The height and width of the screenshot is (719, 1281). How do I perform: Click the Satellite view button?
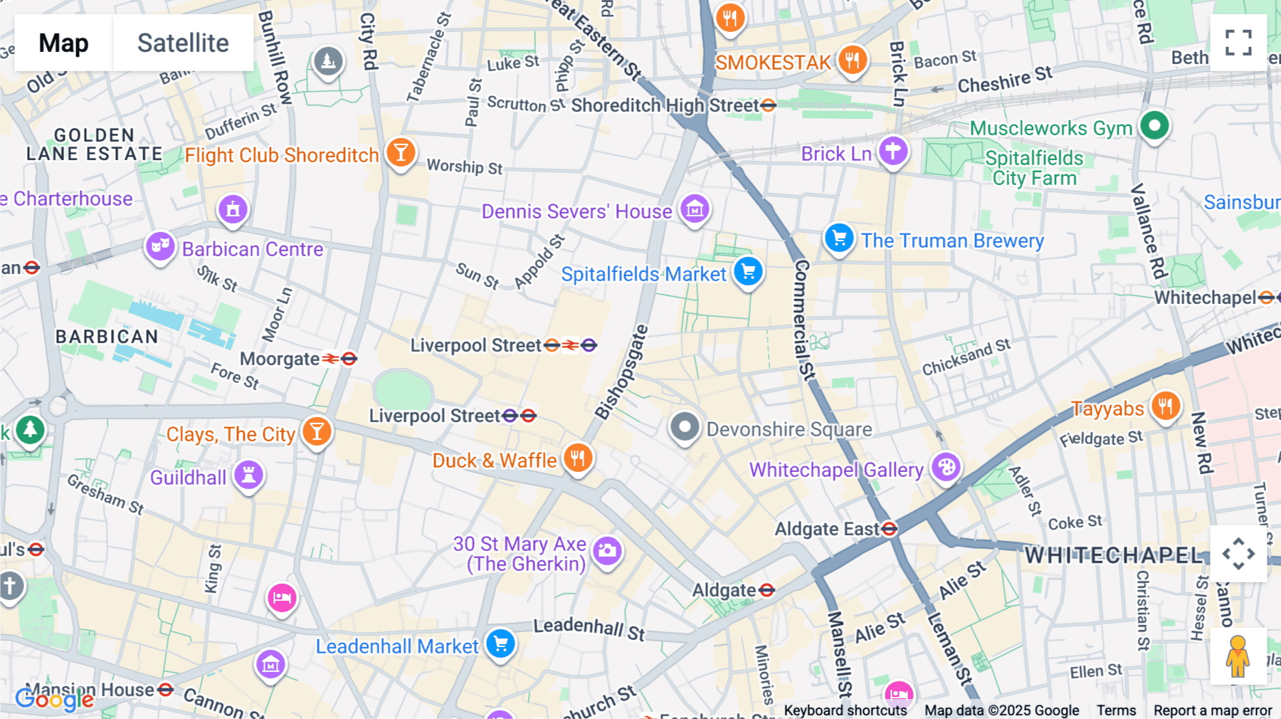[x=183, y=43]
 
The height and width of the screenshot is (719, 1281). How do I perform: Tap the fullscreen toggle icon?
[x=1238, y=43]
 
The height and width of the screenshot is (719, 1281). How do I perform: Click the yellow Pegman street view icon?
[x=1238, y=656]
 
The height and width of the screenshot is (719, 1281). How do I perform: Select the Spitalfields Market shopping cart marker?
[x=748, y=272]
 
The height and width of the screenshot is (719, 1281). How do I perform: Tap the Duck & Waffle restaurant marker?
[x=578, y=458]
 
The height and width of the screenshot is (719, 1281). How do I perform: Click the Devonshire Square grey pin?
[x=685, y=427]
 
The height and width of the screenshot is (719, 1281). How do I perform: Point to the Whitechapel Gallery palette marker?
[x=946, y=468]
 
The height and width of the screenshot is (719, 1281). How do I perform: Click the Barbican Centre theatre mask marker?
[x=160, y=247]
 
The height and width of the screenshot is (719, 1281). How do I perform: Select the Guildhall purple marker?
[x=248, y=475]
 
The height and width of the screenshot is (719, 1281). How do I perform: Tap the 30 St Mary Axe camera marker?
[x=607, y=551]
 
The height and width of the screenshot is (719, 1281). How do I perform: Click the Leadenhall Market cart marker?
[x=501, y=644]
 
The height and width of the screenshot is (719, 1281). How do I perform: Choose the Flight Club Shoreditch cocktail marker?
[x=401, y=152]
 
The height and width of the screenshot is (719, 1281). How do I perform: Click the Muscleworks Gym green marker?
[x=1154, y=126]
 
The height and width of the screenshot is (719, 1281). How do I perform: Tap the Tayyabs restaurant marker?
[x=1165, y=406]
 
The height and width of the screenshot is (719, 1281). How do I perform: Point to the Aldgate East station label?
[x=827, y=529]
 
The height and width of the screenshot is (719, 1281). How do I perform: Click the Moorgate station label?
[x=280, y=359]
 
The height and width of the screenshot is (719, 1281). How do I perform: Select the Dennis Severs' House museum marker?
[x=695, y=209]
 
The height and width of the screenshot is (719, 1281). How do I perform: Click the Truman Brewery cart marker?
[x=839, y=238]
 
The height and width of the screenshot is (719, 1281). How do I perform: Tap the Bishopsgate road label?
[x=621, y=372]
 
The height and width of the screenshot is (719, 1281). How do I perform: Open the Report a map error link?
[x=1213, y=710]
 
